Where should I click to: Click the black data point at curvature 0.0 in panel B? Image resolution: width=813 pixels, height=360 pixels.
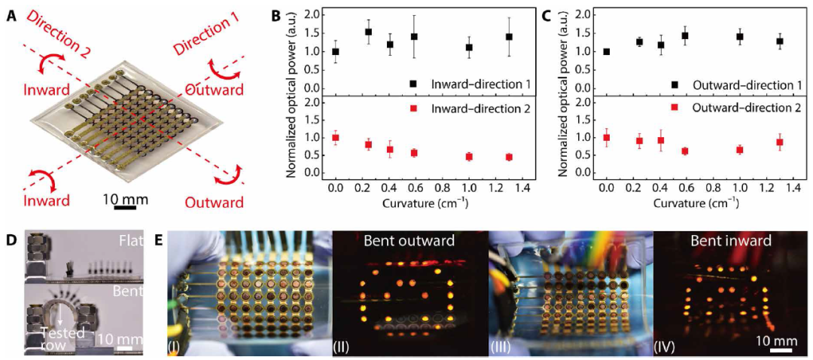(x=336, y=51)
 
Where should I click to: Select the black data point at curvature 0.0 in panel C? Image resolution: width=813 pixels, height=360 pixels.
(x=607, y=51)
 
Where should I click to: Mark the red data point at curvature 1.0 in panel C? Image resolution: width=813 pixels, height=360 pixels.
(x=740, y=150)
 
